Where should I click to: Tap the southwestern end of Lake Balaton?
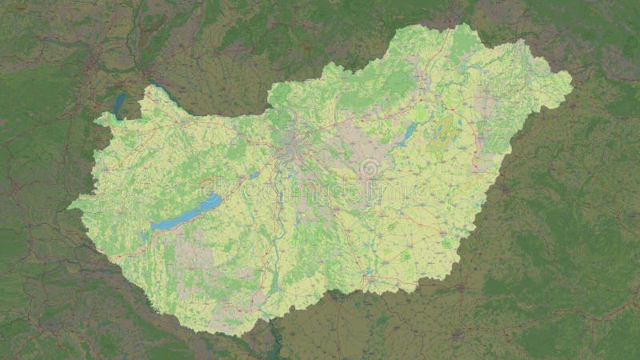(x=153, y=227)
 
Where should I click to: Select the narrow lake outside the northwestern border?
(x=120, y=104)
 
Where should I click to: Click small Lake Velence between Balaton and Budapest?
(x=254, y=174)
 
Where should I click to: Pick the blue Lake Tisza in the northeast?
(x=406, y=133)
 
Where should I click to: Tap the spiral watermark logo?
(x=369, y=169)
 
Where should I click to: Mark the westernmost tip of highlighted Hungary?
(x=68, y=205)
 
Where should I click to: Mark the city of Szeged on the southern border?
(x=370, y=280)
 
